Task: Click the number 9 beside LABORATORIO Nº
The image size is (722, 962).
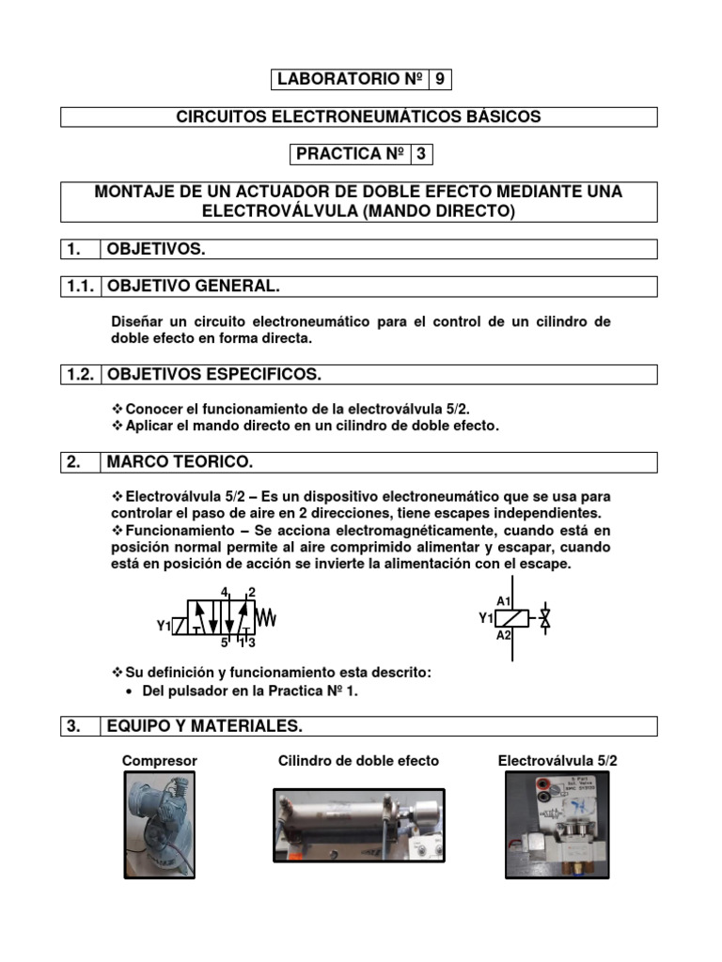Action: [x=440, y=80]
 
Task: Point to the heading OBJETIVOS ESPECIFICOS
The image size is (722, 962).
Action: [x=214, y=375]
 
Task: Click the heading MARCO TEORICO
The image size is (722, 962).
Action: [x=180, y=462]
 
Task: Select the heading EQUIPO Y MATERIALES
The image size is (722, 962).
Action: [x=204, y=726]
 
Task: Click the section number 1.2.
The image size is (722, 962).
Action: [x=80, y=375]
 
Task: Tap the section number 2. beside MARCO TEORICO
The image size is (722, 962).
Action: [x=73, y=462]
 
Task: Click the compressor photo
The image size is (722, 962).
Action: [x=159, y=825]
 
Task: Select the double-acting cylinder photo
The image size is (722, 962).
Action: [x=358, y=825]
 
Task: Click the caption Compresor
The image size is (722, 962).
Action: [x=160, y=761]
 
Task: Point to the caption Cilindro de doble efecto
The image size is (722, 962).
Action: [x=358, y=761]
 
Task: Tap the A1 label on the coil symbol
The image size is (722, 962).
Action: [x=503, y=601]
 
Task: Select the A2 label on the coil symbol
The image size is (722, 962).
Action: [x=503, y=635]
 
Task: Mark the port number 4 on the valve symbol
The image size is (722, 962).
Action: [x=224, y=592]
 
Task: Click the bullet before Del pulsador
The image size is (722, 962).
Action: [x=129, y=691]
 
